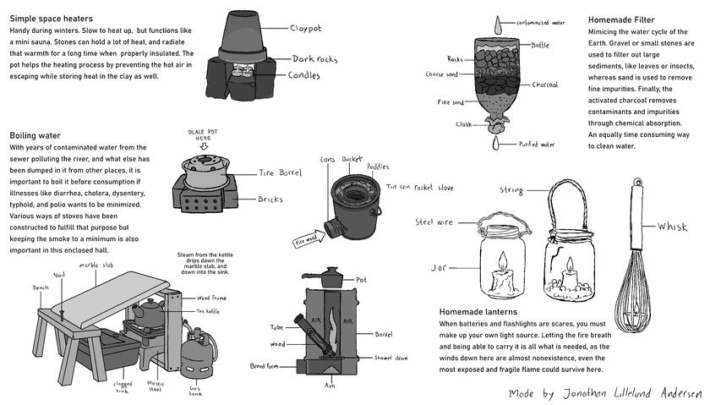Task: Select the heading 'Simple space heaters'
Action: click(51, 19)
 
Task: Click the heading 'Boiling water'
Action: click(35, 135)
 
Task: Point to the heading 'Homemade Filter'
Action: click(622, 19)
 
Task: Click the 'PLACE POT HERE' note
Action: click(205, 136)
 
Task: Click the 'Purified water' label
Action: click(536, 145)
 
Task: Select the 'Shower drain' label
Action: click(389, 358)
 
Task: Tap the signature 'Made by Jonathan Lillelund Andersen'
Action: click(604, 394)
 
